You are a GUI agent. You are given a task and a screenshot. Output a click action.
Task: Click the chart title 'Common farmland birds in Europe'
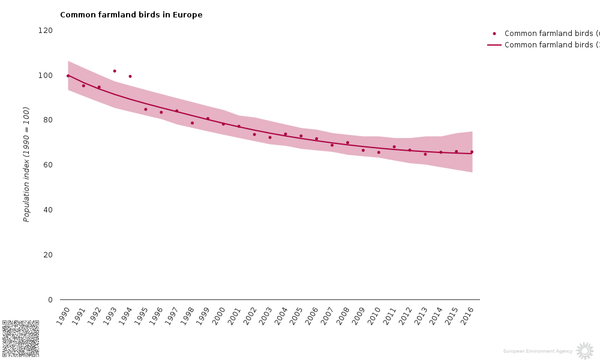(x=131, y=15)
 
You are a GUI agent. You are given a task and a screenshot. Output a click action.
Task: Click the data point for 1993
(x=115, y=71)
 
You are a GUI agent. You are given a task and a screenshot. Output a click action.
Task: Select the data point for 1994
(x=130, y=76)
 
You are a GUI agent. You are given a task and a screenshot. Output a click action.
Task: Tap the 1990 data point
(x=68, y=76)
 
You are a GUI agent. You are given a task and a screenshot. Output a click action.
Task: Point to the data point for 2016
(x=472, y=152)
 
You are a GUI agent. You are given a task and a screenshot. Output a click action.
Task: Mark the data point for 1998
(x=192, y=123)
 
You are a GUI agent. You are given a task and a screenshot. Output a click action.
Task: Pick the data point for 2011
(x=394, y=147)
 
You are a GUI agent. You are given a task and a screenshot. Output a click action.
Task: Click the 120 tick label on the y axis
(x=46, y=31)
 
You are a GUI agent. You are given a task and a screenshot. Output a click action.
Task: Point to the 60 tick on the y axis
(x=48, y=165)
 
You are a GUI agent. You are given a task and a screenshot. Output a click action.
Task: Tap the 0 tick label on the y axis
(x=50, y=300)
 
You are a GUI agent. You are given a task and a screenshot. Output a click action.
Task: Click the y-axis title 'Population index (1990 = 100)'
(x=26, y=164)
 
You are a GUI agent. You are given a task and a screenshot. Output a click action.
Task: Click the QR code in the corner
(x=20, y=338)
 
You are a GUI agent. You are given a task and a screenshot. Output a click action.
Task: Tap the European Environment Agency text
(x=538, y=351)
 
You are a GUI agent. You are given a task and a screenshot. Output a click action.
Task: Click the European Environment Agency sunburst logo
(x=584, y=350)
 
